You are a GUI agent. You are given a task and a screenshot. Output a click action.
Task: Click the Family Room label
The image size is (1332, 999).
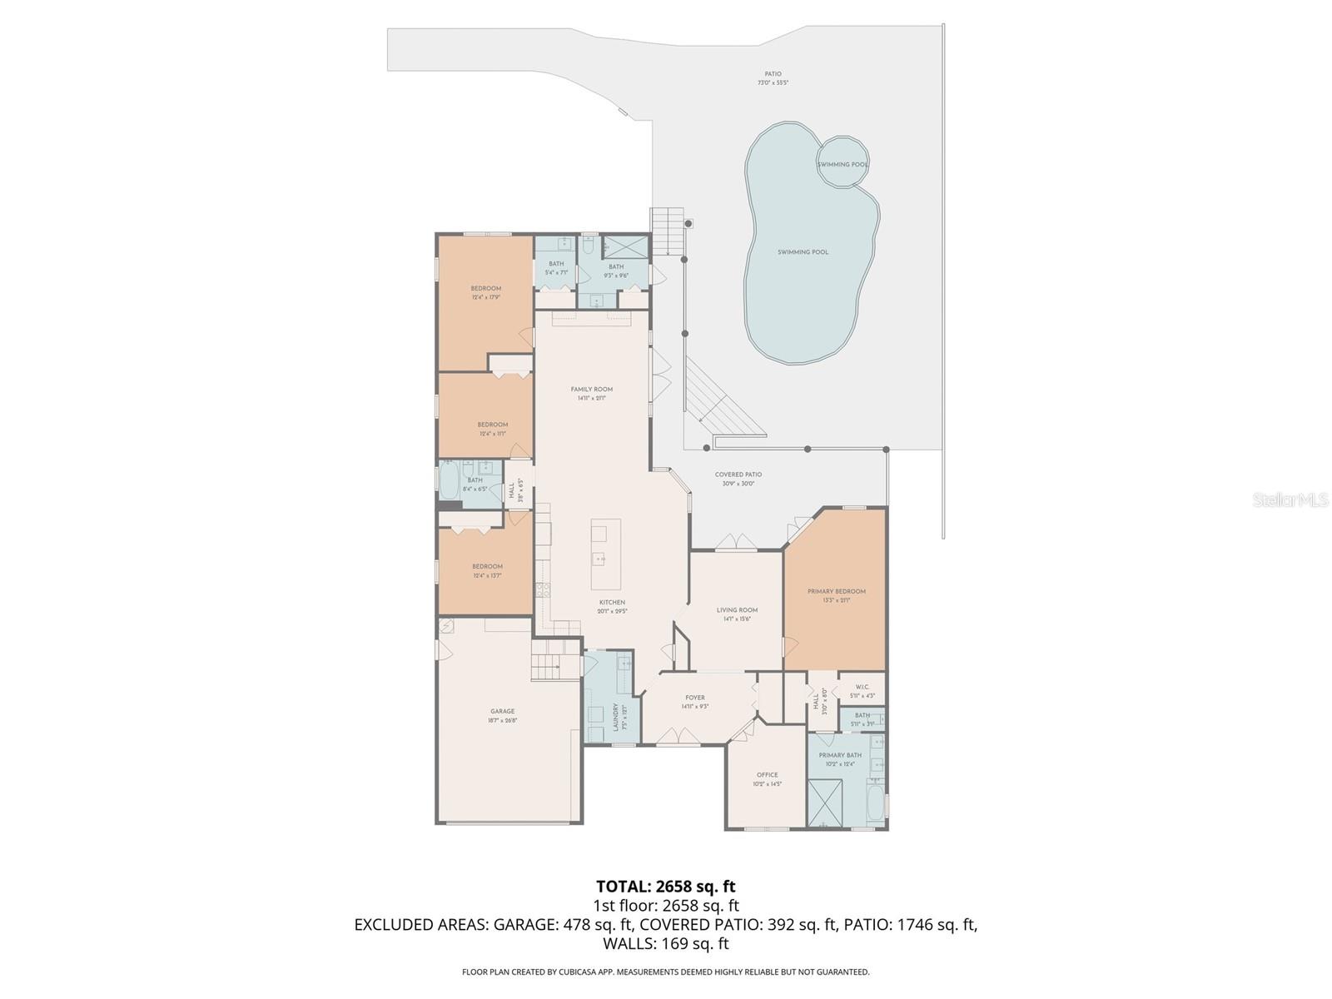tap(591, 390)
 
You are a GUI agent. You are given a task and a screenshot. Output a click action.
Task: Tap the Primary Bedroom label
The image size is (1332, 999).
tap(836, 592)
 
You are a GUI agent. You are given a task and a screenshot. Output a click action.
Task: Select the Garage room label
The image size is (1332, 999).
tap(502, 712)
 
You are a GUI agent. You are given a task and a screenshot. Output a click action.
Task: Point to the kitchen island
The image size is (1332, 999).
tap(599, 543)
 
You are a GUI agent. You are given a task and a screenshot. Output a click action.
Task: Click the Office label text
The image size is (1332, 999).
tap(767, 775)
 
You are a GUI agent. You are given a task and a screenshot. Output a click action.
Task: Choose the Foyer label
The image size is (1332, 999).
tap(694, 698)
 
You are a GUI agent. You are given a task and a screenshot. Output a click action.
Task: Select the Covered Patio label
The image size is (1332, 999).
tap(738, 475)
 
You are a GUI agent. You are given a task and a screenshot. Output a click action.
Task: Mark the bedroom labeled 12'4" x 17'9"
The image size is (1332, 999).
tap(486, 289)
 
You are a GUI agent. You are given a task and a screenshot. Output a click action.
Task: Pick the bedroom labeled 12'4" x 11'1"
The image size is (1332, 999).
tap(492, 425)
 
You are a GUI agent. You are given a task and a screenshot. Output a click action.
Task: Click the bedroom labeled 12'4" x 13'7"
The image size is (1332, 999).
tap(487, 567)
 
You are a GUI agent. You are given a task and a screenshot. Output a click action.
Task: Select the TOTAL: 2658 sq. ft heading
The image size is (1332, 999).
tap(665, 887)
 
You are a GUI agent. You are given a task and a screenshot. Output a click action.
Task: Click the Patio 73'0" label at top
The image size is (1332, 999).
tap(773, 75)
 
